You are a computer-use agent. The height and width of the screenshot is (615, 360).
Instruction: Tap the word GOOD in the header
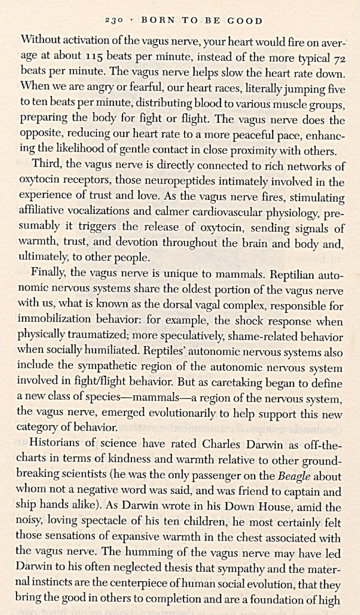tap(244, 21)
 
